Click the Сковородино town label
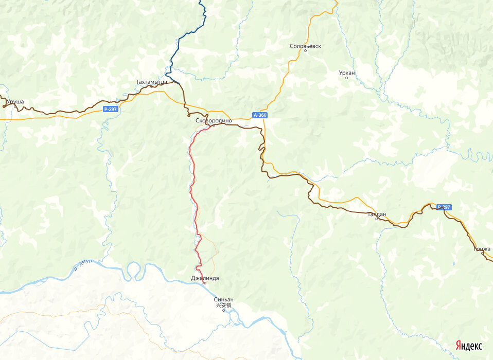click(x=214, y=120)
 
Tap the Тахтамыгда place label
click(x=151, y=82)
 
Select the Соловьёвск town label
click(x=305, y=46)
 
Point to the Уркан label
click(x=347, y=73)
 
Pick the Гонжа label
click(x=482, y=249)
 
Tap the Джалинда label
click(x=204, y=278)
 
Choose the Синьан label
click(x=223, y=299)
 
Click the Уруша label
click(x=15, y=102)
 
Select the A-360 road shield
click(x=260, y=115)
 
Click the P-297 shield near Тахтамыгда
click(x=110, y=109)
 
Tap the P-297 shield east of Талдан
click(x=444, y=207)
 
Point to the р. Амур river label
click(x=83, y=264)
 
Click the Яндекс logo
click(x=468, y=346)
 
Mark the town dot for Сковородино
click(x=214, y=125)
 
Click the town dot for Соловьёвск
click(x=306, y=51)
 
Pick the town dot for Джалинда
click(x=204, y=283)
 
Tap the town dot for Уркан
click(x=347, y=78)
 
